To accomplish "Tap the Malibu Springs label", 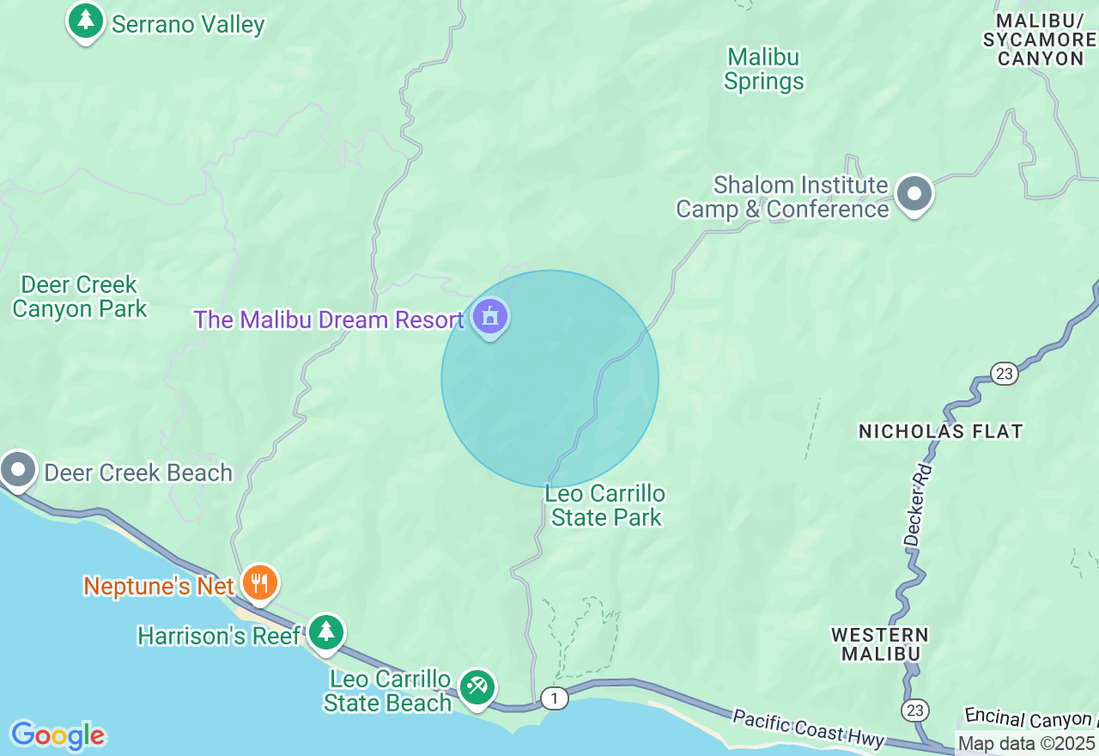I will point(763,70).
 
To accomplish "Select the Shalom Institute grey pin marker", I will point(914,194).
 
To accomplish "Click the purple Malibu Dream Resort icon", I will point(490,317).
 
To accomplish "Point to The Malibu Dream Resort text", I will point(328,320).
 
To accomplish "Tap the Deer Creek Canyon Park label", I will point(79,296).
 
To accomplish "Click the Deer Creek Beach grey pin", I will point(18,470).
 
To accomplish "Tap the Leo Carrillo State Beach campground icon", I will point(477,686).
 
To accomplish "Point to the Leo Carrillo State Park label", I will point(606,505).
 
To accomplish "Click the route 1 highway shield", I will point(555,698).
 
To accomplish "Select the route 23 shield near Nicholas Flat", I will point(1004,374).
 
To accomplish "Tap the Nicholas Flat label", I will point(940,431).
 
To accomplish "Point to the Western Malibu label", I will point(880,644).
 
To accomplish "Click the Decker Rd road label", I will point(917,506).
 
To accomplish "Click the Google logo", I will point(58,735).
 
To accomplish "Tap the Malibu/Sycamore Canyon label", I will point(1040,40).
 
